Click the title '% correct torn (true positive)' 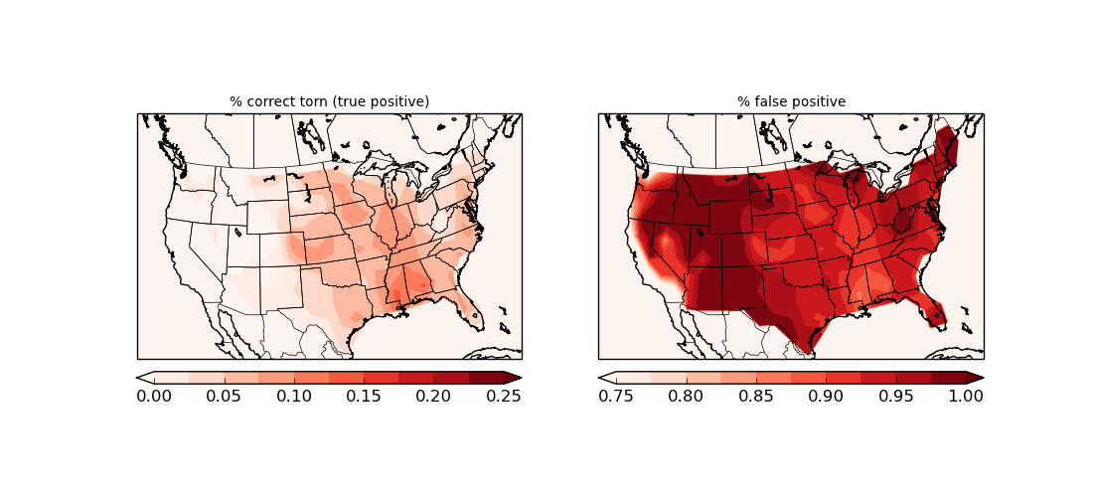(x=329, y=101)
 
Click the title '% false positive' (x=791, y=101)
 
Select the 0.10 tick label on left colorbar (x=294, y=396)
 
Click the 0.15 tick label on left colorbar (x=364, y=396)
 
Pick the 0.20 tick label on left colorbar (x=434, y=396)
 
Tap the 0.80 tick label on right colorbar (x=686, y=396)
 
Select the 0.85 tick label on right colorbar (x=756, y=396)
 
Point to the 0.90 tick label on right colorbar (x=826, y=396)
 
